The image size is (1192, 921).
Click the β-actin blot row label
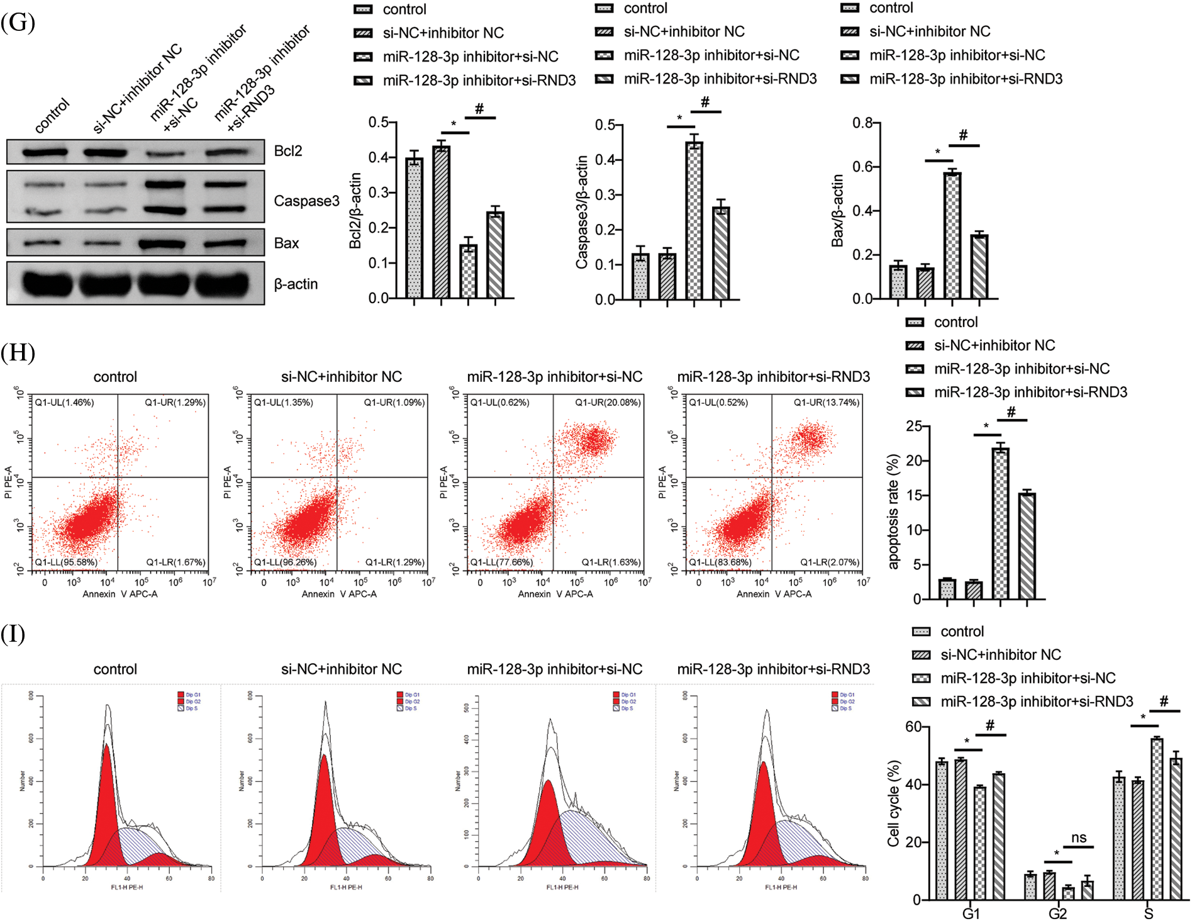coord(296,284)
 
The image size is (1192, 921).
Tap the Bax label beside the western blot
coord(286,243)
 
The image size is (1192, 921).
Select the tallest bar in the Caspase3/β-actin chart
coord(694,220)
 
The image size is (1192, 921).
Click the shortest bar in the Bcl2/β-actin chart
coord(468,271)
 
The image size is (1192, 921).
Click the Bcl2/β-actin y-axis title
coord(355,210)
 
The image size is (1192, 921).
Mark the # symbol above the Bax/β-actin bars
coord(963,135)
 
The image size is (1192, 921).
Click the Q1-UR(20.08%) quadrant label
coord(608,403)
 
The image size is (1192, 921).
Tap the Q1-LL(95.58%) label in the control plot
coord(66,562)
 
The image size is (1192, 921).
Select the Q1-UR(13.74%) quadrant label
coord(826,403)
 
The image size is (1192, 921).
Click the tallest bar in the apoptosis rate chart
coord(1000,523)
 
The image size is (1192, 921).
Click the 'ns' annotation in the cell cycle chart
coord(1079,837)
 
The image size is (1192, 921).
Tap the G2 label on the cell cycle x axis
coord(1057,913)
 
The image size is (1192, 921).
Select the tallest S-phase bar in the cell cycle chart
coord(1156,818)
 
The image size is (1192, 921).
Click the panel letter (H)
coord(18,352)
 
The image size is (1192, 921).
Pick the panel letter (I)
coord(13,634)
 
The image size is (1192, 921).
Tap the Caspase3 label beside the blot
coord(306,201)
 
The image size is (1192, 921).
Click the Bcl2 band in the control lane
coord(45,152)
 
